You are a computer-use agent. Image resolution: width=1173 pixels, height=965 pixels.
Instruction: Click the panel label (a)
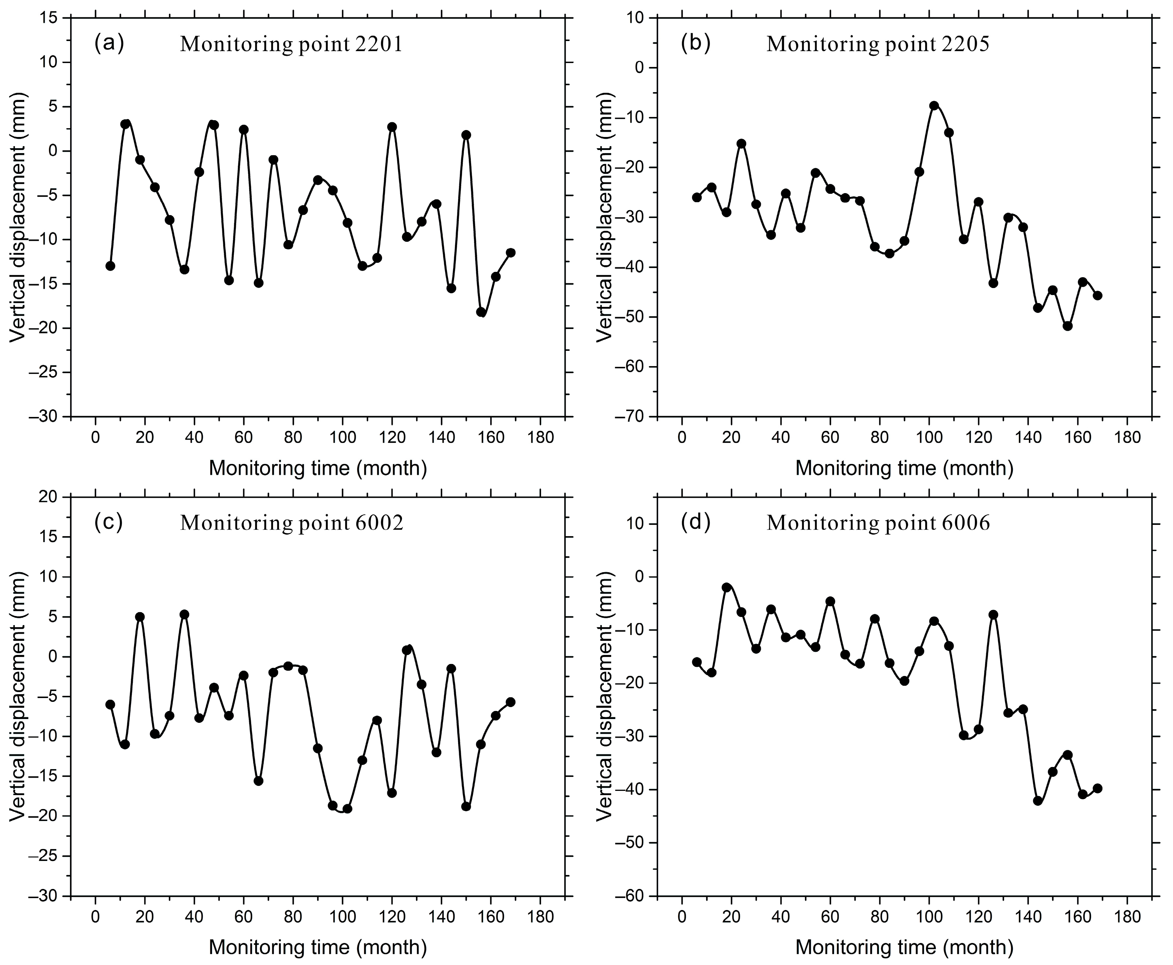[x=109, y=43]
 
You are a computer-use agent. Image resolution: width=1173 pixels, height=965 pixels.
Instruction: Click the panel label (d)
[x=695, y=522]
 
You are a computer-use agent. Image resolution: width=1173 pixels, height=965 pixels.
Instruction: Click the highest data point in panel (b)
[x=934, y=105]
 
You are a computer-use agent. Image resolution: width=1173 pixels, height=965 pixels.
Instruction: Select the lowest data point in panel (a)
[x=482, y=312]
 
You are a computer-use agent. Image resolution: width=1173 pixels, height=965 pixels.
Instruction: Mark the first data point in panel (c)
[x=110, y=704]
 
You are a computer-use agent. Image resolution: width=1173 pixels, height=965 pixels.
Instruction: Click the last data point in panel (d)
[x=1097, y=788]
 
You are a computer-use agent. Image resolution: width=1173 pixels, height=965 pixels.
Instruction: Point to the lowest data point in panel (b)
[x=1068, y=326]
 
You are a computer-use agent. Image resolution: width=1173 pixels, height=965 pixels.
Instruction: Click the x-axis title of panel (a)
[x=318, y=468]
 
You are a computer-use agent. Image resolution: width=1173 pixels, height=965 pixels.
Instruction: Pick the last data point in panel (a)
[x=510, y=252]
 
